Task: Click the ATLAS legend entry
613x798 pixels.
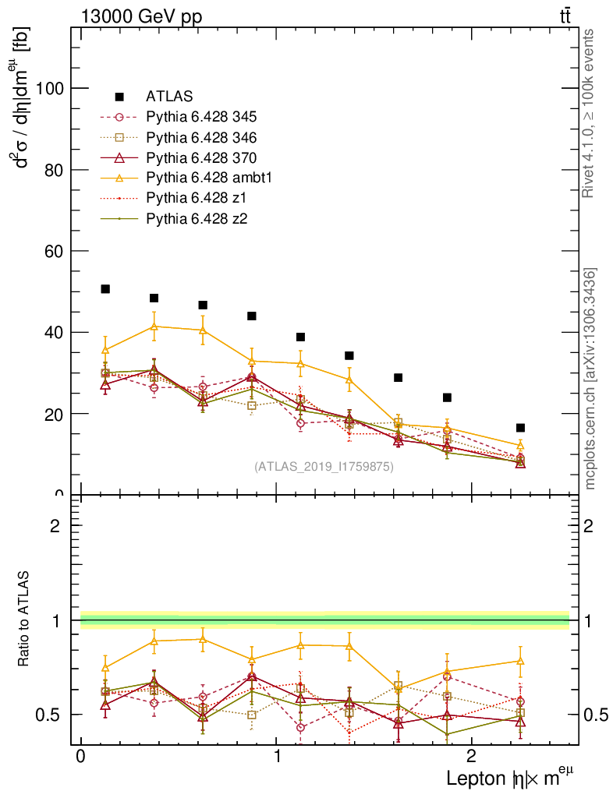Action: pos(169,97)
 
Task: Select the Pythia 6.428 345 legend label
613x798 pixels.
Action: pos(201,117)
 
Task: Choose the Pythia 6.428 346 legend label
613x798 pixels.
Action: pos(201,137)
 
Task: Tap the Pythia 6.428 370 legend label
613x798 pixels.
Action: pos(201,157)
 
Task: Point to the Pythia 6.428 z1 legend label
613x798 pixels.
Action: pos(196,198)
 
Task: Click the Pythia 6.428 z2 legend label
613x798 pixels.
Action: pos(196,218)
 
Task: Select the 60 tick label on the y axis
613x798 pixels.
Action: pos(55,251)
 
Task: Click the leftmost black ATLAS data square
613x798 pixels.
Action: pos(105,289)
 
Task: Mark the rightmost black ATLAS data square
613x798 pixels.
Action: pos(520,428)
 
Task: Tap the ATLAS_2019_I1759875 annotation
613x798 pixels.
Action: pos(324,467)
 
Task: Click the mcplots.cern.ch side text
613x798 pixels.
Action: pos(590,379)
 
